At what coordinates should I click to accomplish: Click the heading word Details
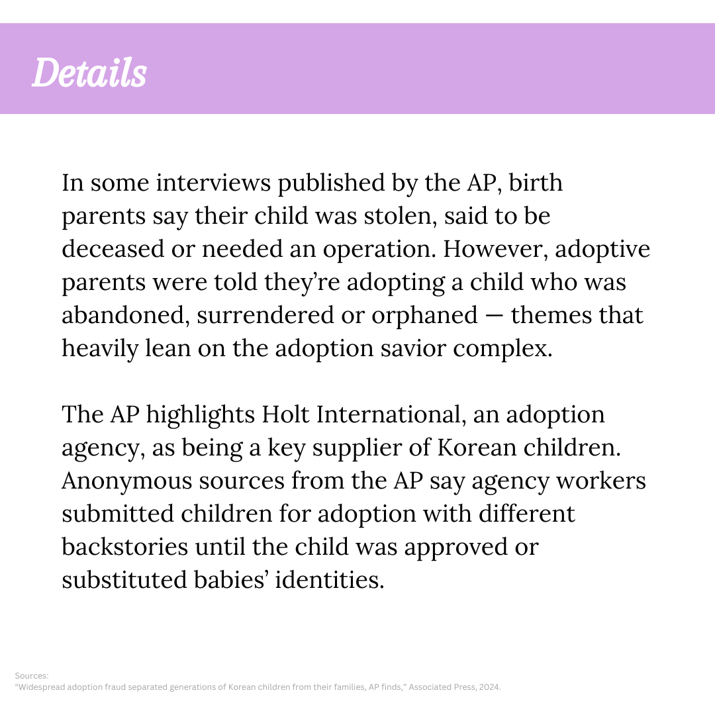coord(89,73)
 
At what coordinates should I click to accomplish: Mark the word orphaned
coord(424,315)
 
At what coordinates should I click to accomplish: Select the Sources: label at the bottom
coord(32,676)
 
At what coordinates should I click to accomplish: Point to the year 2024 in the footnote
coord(491,687)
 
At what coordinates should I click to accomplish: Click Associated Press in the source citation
coord(442,687)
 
